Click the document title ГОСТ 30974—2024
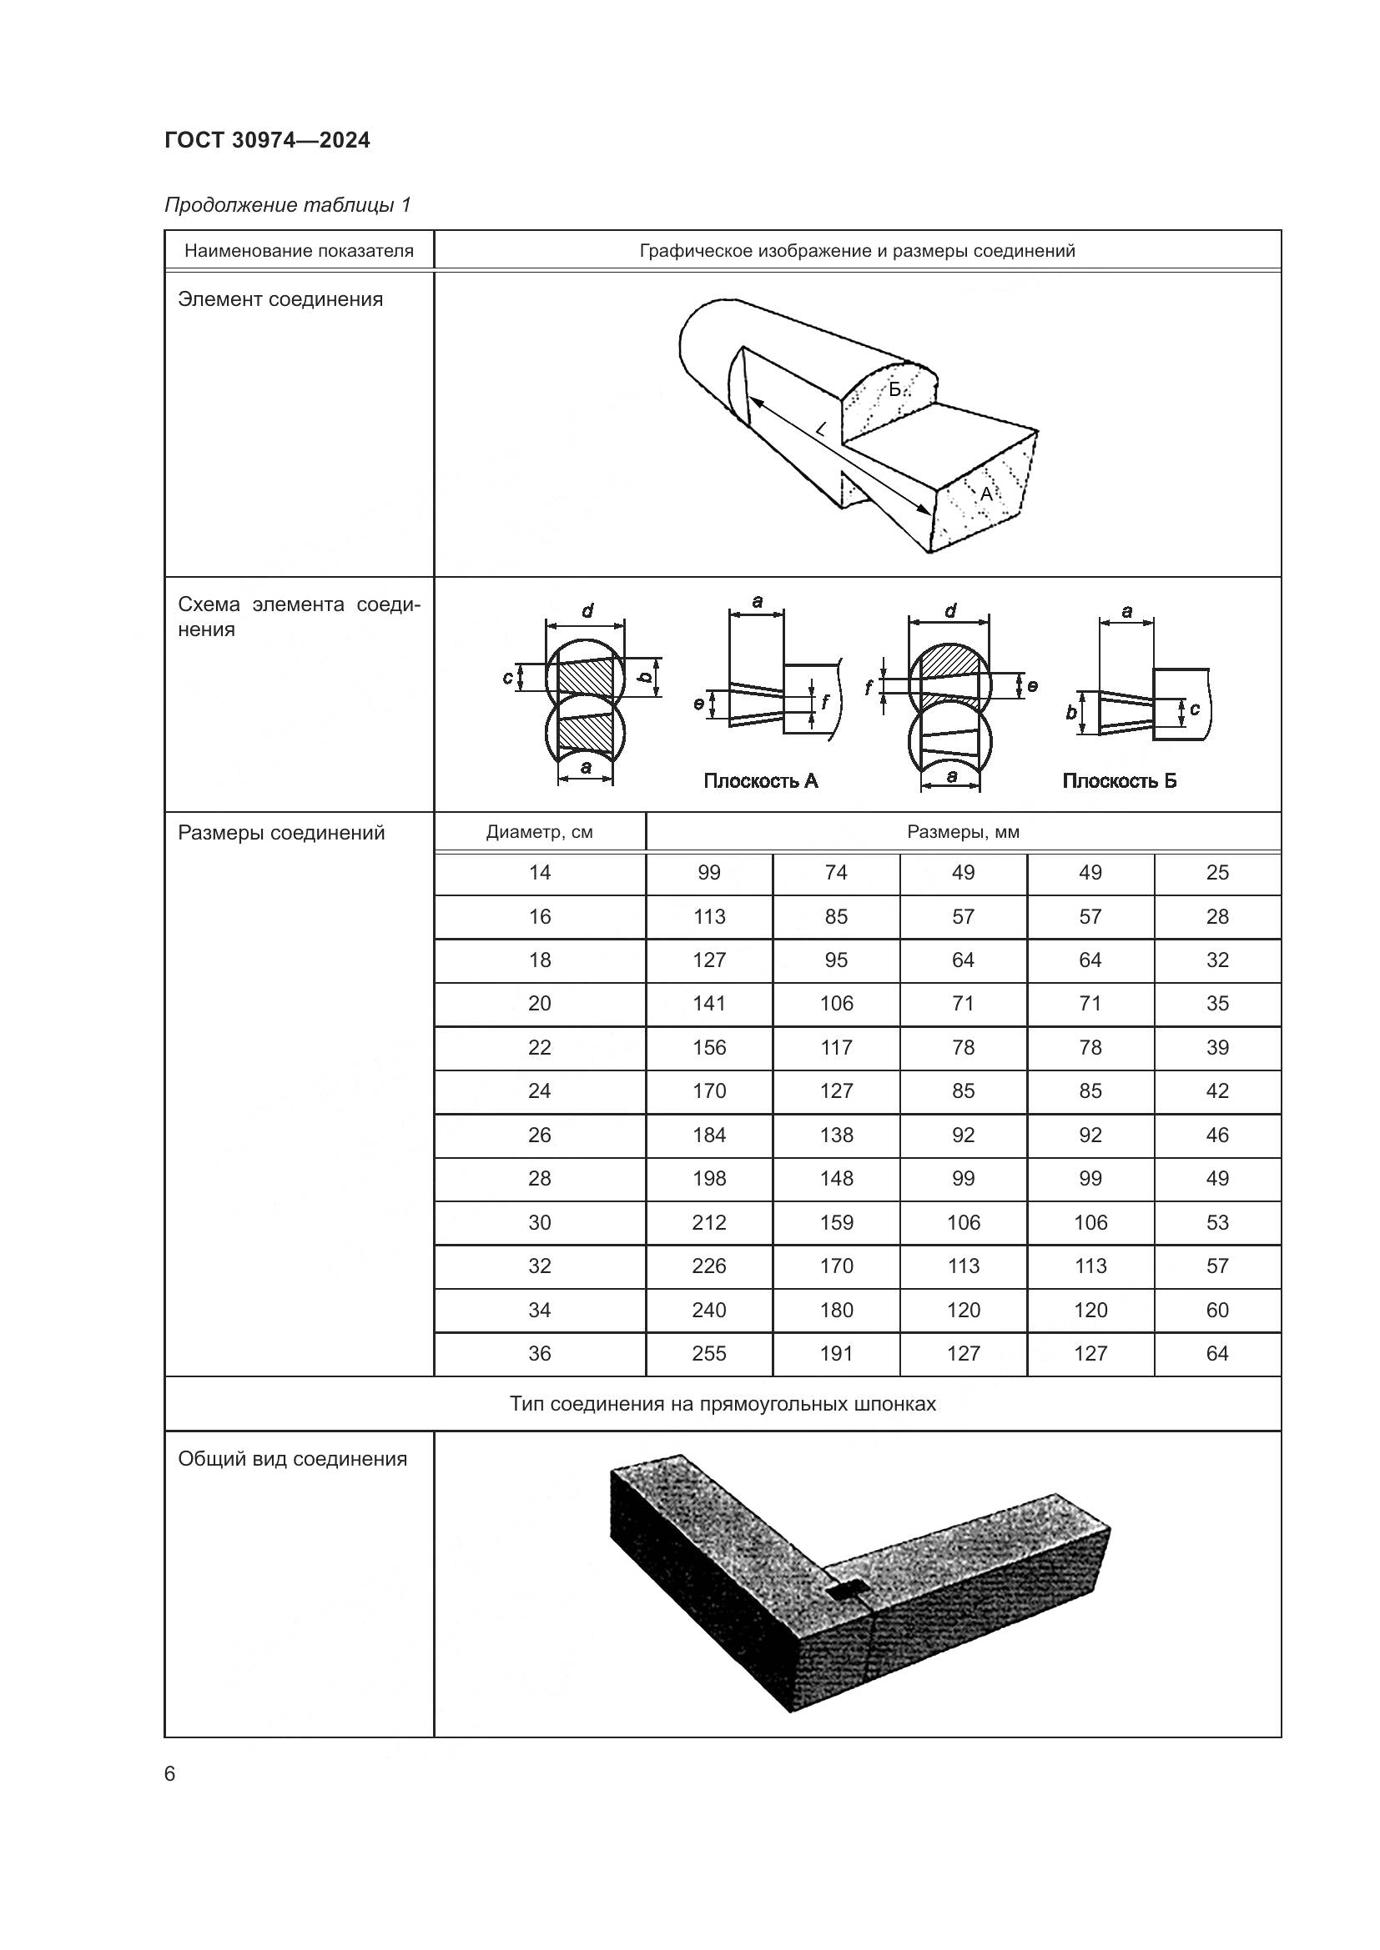tap(267, 141)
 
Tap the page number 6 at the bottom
tap(170, 1773)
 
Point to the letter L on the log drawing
tap(820, 429)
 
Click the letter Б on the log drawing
tap(894, 391)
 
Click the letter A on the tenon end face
tap(985, 494)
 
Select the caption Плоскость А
tap(760, 781)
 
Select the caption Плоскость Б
tap(1119, 781)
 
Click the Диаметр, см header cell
tap(539, 832)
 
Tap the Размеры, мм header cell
tap(963, 832)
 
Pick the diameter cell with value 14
tap(539, 873)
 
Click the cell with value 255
tap(708, 1354)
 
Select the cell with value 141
tap(708, 1004)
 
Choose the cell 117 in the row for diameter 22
tap(836, 1048)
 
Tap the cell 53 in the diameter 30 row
tap(1216, 1223)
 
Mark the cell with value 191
tap(836, 1354)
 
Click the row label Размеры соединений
tap(281, 833)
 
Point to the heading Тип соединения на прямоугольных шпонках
tap(723, 1404)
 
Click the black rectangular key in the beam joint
tap(846, 1592)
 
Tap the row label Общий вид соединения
tap(292, 1459)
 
